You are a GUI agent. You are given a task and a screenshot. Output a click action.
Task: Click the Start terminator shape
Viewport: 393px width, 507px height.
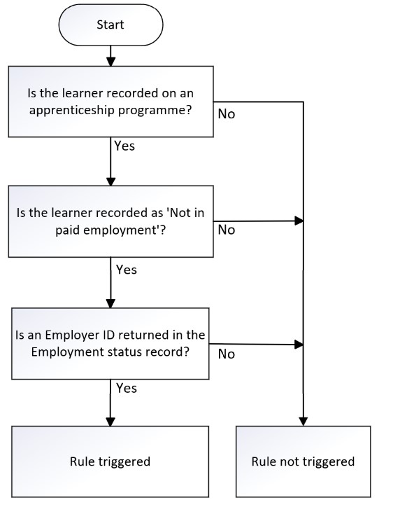click(110, 25)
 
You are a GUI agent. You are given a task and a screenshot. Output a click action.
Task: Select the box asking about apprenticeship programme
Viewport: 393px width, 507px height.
click(110, 102)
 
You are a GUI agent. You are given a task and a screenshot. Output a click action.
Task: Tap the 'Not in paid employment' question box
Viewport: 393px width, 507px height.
click(110, 221)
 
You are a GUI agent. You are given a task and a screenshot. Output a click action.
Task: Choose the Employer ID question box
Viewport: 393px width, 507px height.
click(110, 343)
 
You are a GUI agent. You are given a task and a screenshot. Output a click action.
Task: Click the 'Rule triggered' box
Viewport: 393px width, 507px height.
click(110, 461)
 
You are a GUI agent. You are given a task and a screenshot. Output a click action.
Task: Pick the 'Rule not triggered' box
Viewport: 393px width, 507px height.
click(303, 461)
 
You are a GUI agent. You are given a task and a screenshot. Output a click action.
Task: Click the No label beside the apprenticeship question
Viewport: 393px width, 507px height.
click(227, 114)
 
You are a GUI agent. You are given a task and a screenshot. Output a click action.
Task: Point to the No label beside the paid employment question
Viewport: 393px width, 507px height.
click(227, 230)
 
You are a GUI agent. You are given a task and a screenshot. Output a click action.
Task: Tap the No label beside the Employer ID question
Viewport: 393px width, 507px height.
click(227, 354)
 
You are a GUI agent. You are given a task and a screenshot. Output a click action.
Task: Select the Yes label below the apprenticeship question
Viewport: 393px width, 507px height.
click(124, 146)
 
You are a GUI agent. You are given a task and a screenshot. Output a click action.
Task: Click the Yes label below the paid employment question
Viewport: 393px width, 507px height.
click(127, 270)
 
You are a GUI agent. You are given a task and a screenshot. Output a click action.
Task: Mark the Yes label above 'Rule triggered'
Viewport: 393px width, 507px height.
click(127, 388)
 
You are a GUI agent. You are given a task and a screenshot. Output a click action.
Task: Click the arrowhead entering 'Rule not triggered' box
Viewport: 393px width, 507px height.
click(303, 422)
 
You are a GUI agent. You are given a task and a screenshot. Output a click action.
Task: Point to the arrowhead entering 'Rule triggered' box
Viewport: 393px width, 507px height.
click(110, 422)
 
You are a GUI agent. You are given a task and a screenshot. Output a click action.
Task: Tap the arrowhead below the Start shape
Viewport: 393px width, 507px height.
click(110, 62)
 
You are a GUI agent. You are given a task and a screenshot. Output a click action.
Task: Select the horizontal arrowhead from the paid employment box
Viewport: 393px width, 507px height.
click(299, 221)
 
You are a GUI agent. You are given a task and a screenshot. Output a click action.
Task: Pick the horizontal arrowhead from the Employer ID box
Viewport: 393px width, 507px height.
click(299, 345)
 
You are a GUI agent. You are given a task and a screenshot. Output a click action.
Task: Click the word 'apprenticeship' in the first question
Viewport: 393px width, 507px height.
click(72, 111)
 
